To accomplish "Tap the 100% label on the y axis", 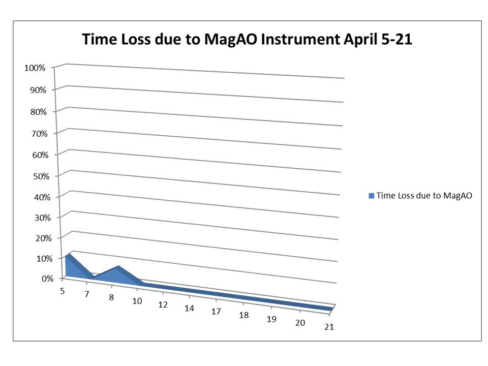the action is pos(35,68).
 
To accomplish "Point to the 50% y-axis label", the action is pos(41,176).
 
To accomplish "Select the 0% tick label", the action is pos(48,279).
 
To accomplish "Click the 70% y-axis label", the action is pos(39,134).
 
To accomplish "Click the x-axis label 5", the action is pos(62,291).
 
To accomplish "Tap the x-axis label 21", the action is pos(329,327).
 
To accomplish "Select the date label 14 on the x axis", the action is pos(189,308).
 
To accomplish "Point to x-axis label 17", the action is pos(216,312).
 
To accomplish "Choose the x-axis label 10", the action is pos(137,301).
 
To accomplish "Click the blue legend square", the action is pos(371,196).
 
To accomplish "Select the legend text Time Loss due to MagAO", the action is pos(424,195).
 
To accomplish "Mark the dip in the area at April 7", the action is pos(93,277).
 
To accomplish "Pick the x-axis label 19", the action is pos(271,319).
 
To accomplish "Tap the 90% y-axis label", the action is pos(38,90).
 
